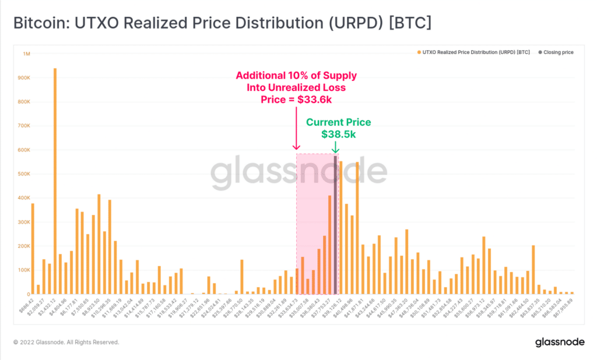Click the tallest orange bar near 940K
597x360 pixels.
point(55,181)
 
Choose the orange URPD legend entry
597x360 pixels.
point(474,52)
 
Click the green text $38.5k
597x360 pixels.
point(339,134)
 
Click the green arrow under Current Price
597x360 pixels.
point(335,148)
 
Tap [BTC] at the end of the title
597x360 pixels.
point(411,24)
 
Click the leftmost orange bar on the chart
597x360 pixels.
point(33,249)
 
